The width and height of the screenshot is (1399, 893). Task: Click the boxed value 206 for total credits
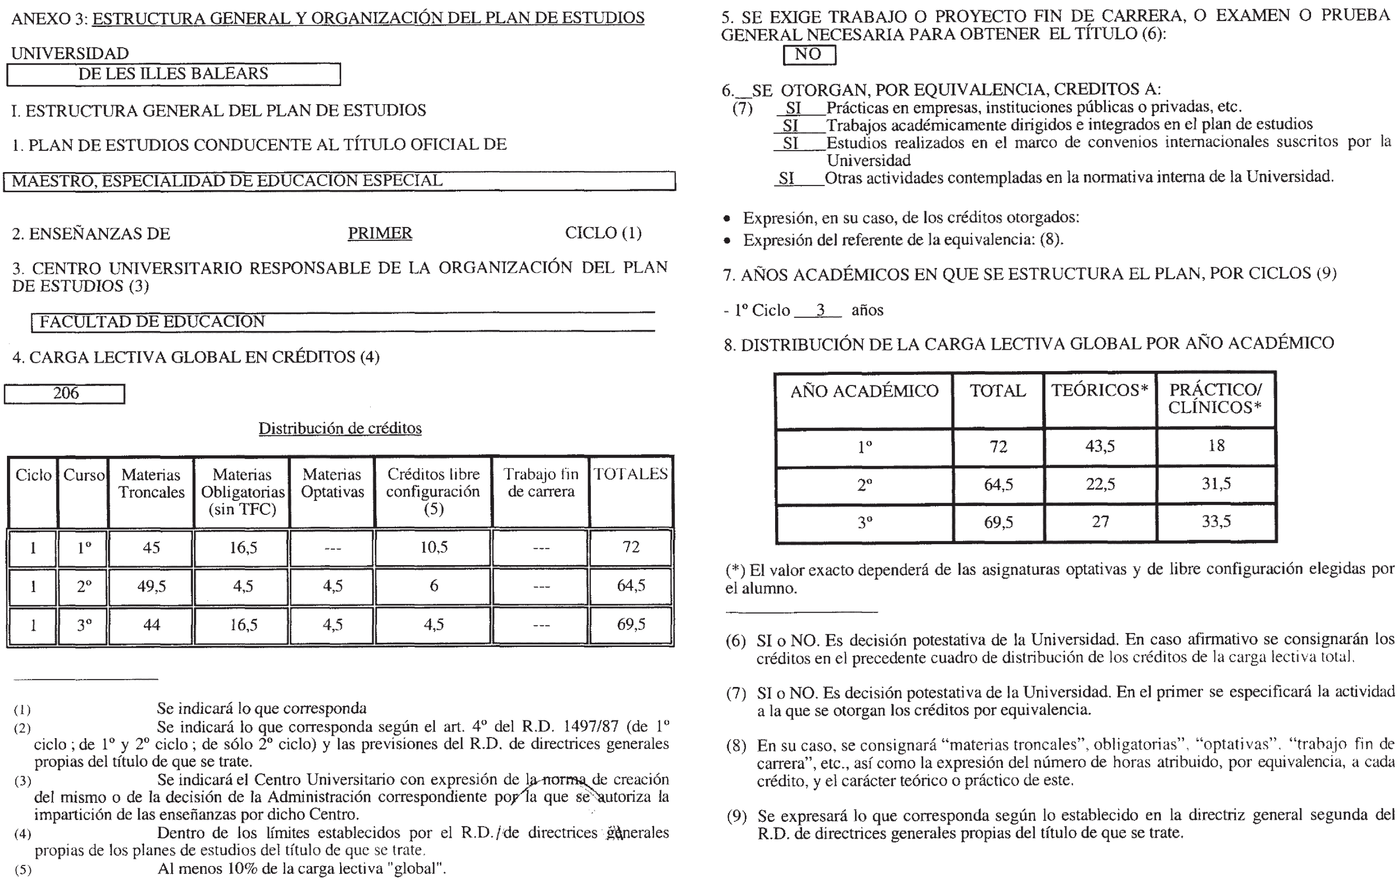coord(65,393)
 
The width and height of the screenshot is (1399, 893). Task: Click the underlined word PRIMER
coord(380,233)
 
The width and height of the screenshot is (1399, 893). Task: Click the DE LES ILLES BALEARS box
coord(173,74)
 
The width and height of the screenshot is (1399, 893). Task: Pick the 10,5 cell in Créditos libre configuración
coord(434,547)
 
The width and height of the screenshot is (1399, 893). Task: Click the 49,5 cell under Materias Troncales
coord(151,586)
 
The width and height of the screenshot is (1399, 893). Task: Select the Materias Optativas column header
coord(332,483)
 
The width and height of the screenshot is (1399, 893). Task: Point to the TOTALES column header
coord(631,474)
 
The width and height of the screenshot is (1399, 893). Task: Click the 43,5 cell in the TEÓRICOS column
coord(1100,446)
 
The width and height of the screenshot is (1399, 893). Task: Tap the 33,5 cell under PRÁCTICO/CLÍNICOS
coord(1216,521)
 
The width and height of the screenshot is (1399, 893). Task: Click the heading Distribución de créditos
coord(340,428)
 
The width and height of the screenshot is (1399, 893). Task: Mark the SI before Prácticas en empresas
coord(794,108)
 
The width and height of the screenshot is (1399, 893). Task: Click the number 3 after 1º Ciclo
coord(820,310)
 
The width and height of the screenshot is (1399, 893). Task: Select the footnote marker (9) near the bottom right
coord(736,816)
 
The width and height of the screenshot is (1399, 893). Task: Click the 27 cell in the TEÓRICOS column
coord(1100,521)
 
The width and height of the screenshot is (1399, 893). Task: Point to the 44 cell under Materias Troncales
coord(151,625)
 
